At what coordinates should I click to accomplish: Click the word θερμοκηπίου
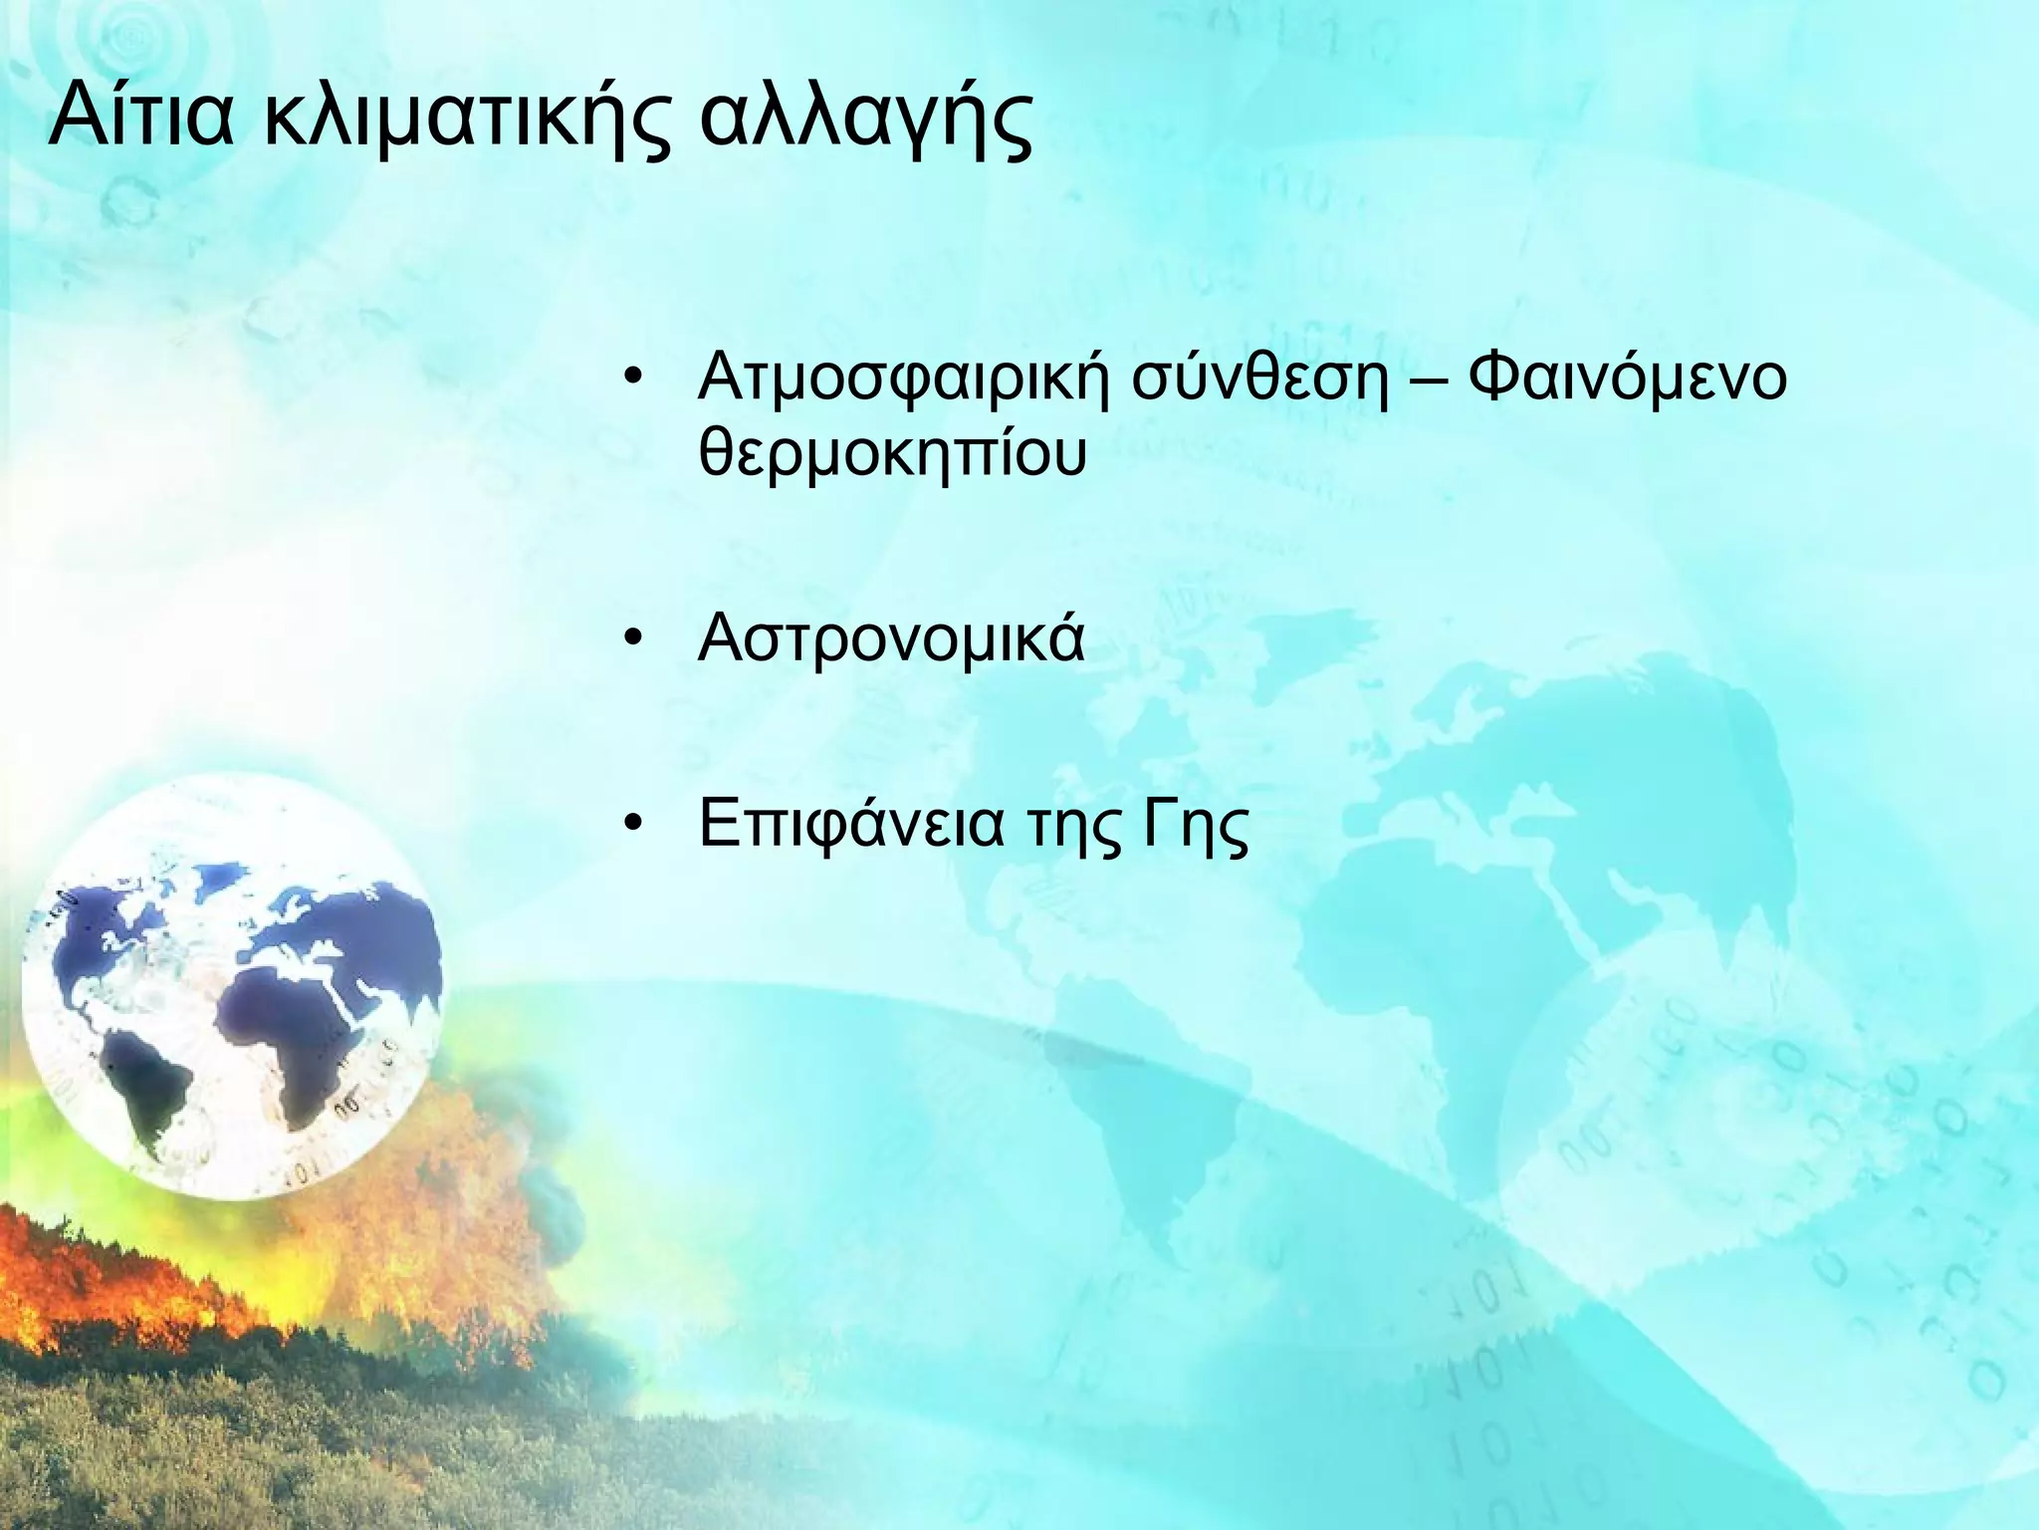pos(892,454)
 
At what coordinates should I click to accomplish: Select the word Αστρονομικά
pos(892,639)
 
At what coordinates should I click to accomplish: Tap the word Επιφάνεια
pos(851,827)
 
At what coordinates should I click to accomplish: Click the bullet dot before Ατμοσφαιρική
pos(631,382)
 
